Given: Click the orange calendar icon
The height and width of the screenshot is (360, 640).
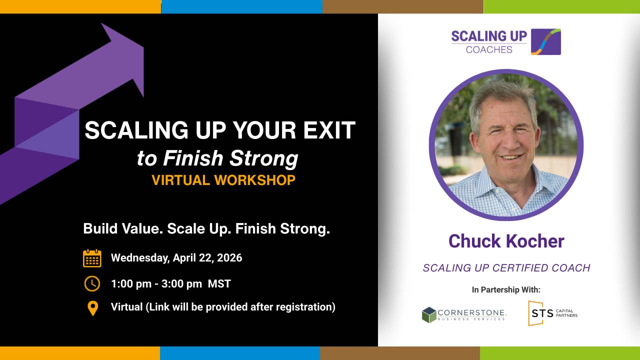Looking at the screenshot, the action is point(92,258).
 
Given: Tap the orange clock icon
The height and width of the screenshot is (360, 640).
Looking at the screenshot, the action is point(92,283).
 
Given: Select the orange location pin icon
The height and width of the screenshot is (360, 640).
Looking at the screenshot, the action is point(93,308).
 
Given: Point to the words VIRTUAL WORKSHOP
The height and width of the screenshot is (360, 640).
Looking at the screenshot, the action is point(223,180).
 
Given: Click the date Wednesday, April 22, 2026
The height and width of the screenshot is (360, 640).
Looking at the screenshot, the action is point(176,257).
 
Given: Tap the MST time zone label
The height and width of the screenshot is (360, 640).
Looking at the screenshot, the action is point(219,283).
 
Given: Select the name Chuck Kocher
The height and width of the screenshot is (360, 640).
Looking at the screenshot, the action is point(506,241).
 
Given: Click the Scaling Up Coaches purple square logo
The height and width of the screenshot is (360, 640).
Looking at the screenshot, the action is point(546,41).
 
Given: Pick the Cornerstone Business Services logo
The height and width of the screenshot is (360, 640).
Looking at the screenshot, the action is point(464,315).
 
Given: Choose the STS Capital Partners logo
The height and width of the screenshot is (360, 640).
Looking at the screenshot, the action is point(553,313).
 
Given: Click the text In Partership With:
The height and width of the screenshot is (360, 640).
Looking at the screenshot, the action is point(506,289).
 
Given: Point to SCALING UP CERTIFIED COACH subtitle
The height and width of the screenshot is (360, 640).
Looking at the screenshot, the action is point(506,268).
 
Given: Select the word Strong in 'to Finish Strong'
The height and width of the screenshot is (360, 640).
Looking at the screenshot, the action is point(263,158).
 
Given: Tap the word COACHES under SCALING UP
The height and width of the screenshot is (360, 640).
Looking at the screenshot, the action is point(489,49).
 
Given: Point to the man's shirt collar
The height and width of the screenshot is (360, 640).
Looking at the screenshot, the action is point(503,188).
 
